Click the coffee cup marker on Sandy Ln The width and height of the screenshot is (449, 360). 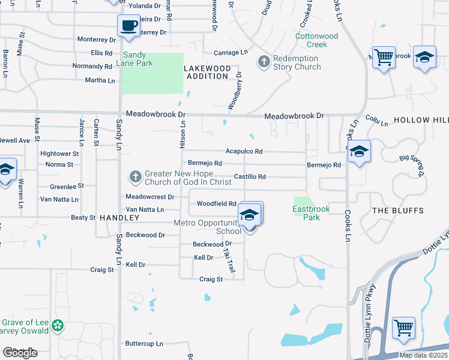pos(127,26)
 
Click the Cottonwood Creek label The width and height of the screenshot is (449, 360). pos(316,40)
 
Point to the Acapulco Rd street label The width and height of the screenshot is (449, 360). pos(244,152)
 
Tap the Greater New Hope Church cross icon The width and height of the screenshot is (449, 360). pos(136,176)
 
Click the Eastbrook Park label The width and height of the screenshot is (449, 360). pos(307,213)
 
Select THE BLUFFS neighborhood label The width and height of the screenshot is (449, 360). pos(397,211)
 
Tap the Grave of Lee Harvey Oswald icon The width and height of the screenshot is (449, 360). pos(58,326)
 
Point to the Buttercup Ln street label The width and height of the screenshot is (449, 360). pos(144,344)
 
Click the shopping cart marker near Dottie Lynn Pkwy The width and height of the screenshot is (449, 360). pos(403,328)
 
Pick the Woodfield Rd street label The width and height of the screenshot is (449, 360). pos(216,204)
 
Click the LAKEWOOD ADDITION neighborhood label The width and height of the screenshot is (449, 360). pos(207,72)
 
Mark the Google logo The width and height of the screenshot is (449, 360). pos(20,353)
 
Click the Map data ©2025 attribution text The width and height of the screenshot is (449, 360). pos(423,355)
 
